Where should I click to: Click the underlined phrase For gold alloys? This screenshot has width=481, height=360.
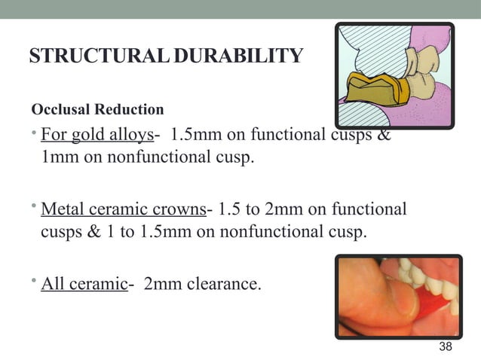[x=97, y=136]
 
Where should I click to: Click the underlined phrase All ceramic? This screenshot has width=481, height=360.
[x=83, y=284]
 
